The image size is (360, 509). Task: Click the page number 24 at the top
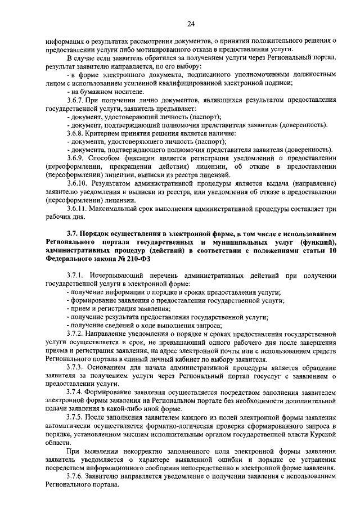pos(191,23)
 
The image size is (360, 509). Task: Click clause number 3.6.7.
pos(77,98)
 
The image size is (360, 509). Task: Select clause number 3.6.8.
pos(77,133)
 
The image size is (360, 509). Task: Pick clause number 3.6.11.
pos(79,208)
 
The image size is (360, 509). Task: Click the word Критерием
pos(110,133)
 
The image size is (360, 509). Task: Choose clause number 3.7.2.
pos(77,334)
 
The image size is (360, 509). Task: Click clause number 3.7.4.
pos(77,391)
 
